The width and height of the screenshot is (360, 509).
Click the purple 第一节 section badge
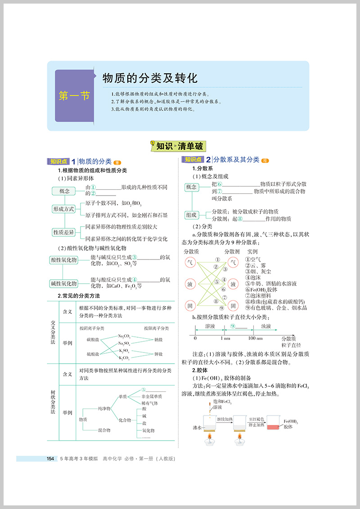click(x=74, y=96)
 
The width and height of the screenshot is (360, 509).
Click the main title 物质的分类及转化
click(x=150, y=78)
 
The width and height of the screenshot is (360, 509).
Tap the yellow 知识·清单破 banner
click(x=179, y=146)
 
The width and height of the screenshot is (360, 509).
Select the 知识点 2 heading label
click(x=194, y=160)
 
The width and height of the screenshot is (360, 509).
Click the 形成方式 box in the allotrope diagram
click(x=64, y=209)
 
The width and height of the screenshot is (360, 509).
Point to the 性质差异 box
click(x=64, y=232)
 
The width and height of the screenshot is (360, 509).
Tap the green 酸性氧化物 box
click(x=63, y=260)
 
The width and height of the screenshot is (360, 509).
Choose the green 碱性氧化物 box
click(x=63, y=284)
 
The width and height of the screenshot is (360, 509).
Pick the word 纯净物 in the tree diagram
click(x=104, y=408)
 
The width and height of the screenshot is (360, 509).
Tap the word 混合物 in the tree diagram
click(x=104, y=430)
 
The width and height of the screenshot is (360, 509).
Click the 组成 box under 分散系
click(x=192, y=215)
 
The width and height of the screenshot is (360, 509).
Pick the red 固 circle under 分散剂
click(x=233, y=306)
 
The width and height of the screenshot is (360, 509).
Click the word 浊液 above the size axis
click(x=266, y=326)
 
